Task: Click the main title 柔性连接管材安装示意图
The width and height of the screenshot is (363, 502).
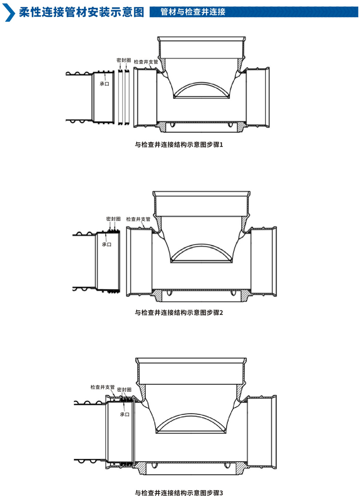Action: [x=81, y=12]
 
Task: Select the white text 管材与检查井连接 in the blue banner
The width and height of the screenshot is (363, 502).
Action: [x=193, y=12]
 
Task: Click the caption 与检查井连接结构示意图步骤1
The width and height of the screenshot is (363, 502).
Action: [x=179, y=144]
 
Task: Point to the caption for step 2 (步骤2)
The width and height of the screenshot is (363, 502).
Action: [x=179, y=313]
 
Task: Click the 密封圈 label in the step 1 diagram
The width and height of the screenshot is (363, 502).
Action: [x=124, y=60]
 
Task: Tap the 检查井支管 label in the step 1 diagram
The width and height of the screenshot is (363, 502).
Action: [x=146, y=62]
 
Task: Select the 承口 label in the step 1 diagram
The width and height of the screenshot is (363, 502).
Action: [x=105, y=84]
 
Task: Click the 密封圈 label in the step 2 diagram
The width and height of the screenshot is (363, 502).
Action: [x=113, y=219]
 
